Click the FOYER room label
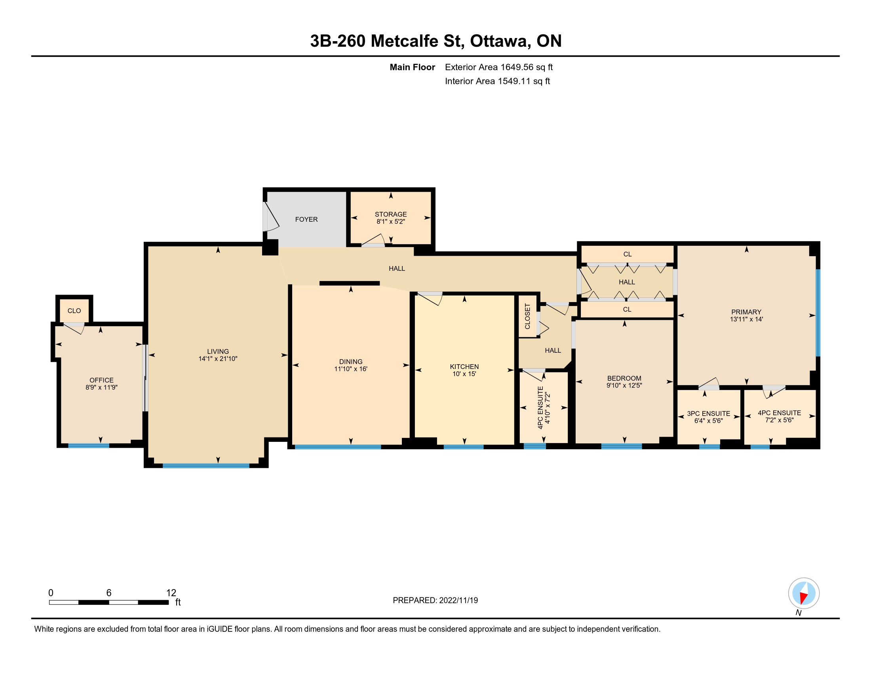click(306, 219)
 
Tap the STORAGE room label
click(391, 214)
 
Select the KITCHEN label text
click(464, 367)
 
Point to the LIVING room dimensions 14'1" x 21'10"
click(218, 358)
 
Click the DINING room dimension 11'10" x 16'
click(350, 369)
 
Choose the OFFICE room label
click(101, 380)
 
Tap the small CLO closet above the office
click(74, 311)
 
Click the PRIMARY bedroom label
click(746, 312)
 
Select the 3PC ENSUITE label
click(708, 413)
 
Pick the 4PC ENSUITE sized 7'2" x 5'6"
click(779, 416)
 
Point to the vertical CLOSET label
click(527, 317)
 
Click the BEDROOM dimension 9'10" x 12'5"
click(624, 385)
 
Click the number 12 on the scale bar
click(171, 593)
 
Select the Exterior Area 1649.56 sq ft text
click(498, 67)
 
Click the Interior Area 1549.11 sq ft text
click(497, 81)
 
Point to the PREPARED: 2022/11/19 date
click(435, 600)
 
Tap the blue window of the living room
click(206, 466)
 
